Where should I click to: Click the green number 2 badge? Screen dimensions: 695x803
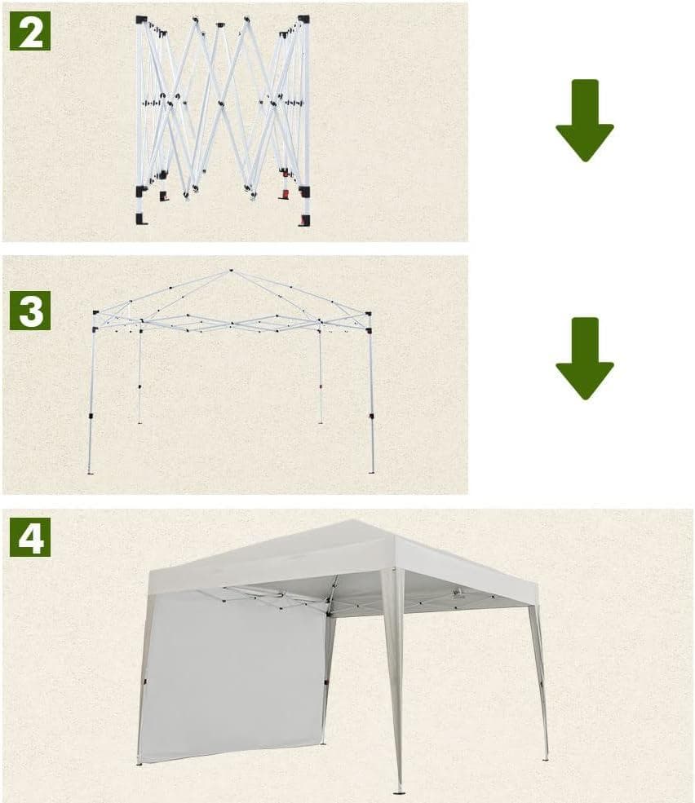[x=30, y=31]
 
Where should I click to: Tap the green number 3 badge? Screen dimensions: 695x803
[x=30, y=311]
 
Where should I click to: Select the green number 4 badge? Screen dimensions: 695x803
[x=30, y=536]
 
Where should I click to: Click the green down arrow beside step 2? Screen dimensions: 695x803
[x=585, y=121]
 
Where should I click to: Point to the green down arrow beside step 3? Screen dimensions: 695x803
[x=585, y=359]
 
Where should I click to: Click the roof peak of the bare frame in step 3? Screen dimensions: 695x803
[x=231, y=271]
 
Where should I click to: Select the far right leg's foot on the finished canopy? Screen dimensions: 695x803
[x=546, y=758]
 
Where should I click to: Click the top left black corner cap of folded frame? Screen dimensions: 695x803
[x=141, y=20]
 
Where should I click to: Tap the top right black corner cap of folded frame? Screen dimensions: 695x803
[x=304, y=20]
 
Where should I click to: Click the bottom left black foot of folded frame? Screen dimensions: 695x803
[x=141, y=219]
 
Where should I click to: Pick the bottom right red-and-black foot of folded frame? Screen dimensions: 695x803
[x=304, y=220]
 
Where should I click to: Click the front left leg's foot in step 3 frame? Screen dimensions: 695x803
[x=91, y=472]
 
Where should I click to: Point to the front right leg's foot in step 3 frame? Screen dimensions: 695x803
[x=372, y=472]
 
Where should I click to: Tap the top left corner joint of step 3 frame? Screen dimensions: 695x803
[x=95, y=312]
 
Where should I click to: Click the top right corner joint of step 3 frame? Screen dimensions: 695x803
[x=368, y=313]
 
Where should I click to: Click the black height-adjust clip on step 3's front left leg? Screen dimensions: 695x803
[x=91, y=417]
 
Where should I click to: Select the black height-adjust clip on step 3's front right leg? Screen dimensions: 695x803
[x=372, y=417]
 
